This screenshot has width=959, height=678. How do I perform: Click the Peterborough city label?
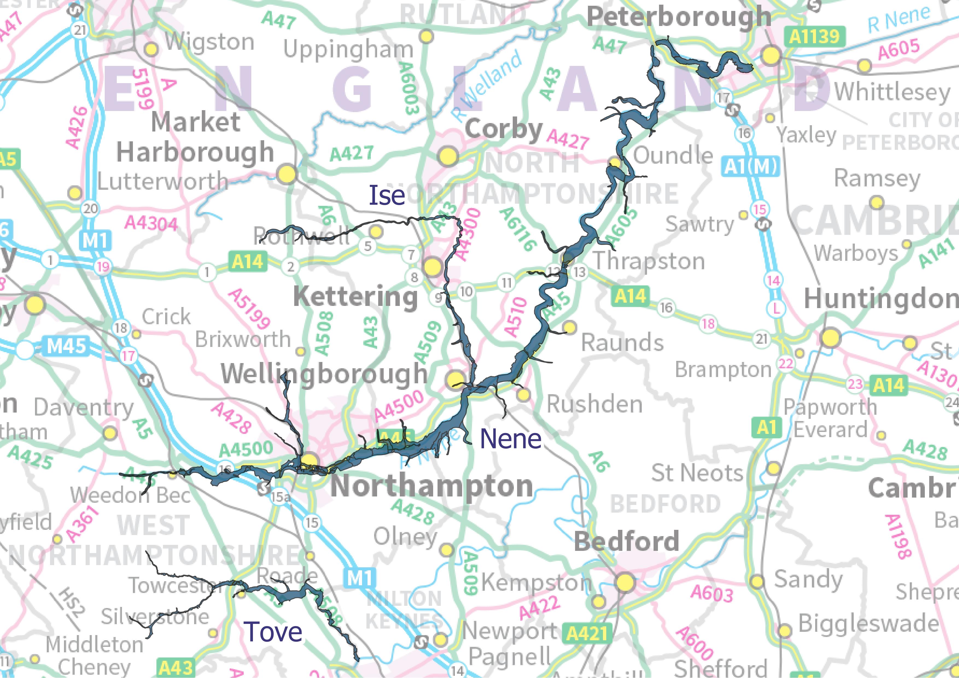pyautogui.click(x=679, y=17)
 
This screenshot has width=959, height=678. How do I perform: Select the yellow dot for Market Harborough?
pyautogui.click(x=287, y=174)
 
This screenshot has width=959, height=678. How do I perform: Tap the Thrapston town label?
pyautogui.click(x=649, y=261)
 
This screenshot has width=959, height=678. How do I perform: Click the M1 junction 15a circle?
pyautogui.click(x=280, y=497)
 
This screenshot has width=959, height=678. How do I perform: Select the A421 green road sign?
pyautogui.click(x=587, y=634)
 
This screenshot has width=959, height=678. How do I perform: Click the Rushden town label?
pyautogui.click(x=594, y=404)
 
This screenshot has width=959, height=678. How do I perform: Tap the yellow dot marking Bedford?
pyautogui.click(x=625, y=582)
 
